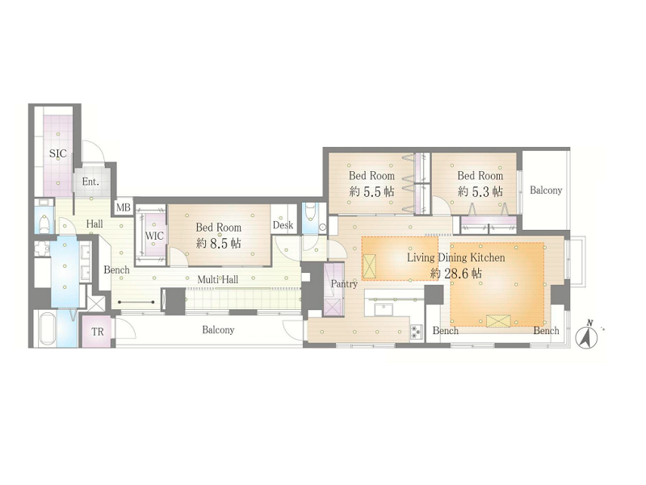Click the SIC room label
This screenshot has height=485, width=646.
(x=57, y=153)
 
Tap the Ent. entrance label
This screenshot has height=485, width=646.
(x=90, y=182)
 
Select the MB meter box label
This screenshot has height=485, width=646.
(x=124, y=207)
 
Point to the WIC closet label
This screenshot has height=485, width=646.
(x=154, y=236)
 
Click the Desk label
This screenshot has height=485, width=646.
(x=283, y=225)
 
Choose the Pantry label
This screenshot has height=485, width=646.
(x=344, y=284)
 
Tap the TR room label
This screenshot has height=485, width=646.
(x=98, y=332)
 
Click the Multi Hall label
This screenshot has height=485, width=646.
(x=217, y=280)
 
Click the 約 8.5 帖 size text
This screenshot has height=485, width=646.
(x=218, y=244)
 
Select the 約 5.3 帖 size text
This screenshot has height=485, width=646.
(x=480, y=191)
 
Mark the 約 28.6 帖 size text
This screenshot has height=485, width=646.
(x=455, y=273)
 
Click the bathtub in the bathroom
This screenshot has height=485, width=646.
(x=48, y=329)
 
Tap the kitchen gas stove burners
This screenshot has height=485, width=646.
(x=416, y=332)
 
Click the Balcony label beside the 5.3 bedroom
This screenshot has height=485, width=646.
(x=546, y=190)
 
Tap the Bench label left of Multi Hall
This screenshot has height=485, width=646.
(x=116, y=270)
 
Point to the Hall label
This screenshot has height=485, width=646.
(x=94, y=224)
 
